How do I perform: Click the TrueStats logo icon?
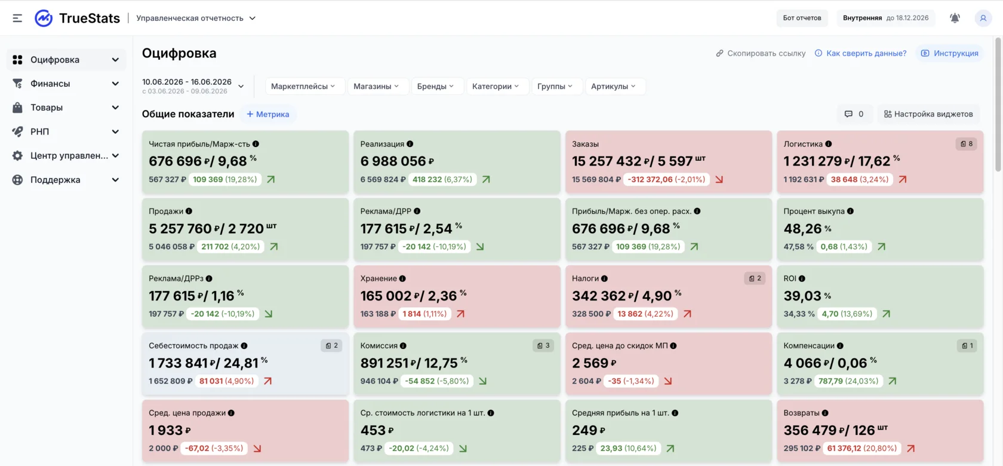coord(44,18)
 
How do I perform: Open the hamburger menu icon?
coord(17,18)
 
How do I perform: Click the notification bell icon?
coord(955,18)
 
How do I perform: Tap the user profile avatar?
coord(983,18)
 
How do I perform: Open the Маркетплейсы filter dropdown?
coord(303,86)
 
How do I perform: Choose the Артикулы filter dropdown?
coord(614,86)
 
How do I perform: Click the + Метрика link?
coord(267,114)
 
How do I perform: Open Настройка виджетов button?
coord(928,114)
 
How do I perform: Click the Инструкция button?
coord(949,53)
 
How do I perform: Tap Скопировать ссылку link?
coord(761,53)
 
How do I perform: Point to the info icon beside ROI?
coord(801,278)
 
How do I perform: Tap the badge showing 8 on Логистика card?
coord(966,144)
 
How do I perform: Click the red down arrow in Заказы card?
coord(719,180)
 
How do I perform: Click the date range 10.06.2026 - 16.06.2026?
coord(187,81)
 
